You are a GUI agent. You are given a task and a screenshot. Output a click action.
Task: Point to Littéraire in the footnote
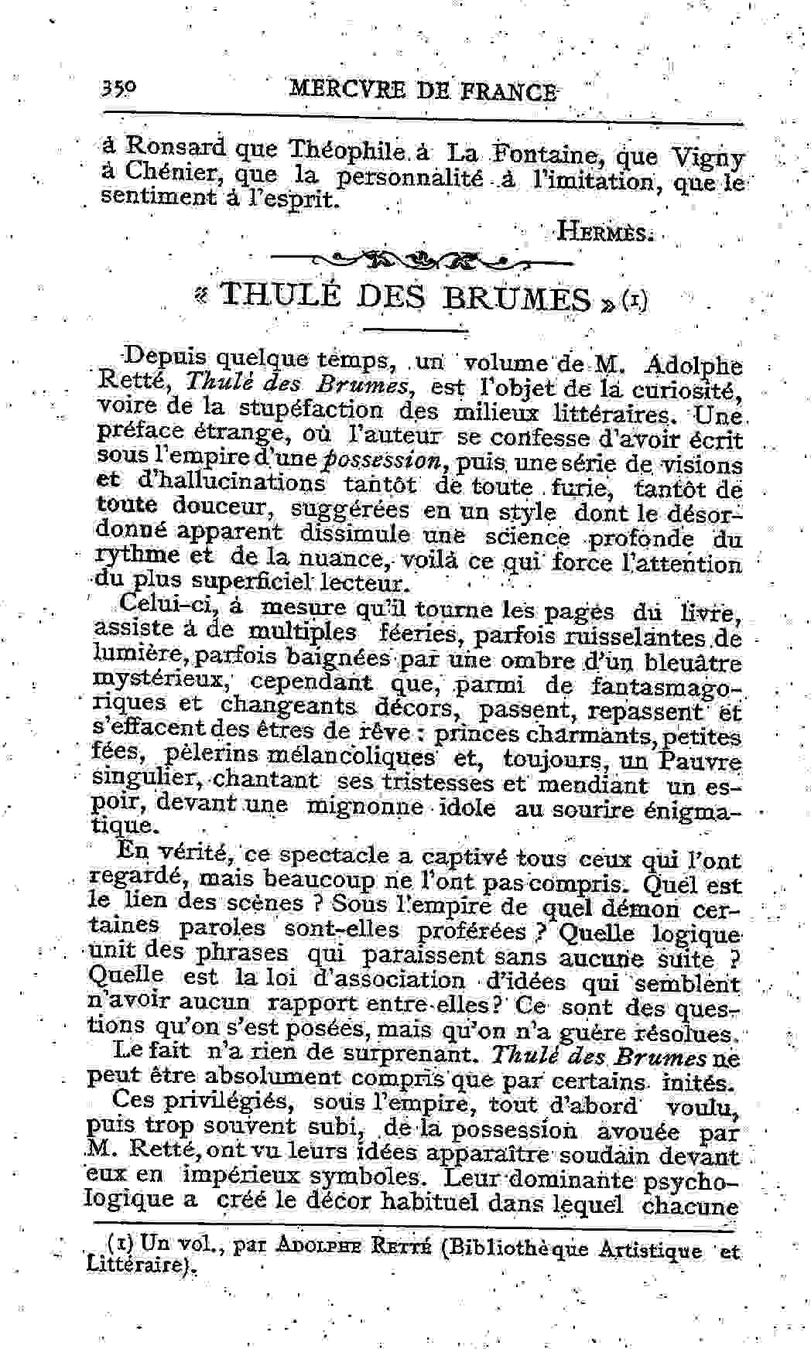pyautogui.click(x=136, y=1265)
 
